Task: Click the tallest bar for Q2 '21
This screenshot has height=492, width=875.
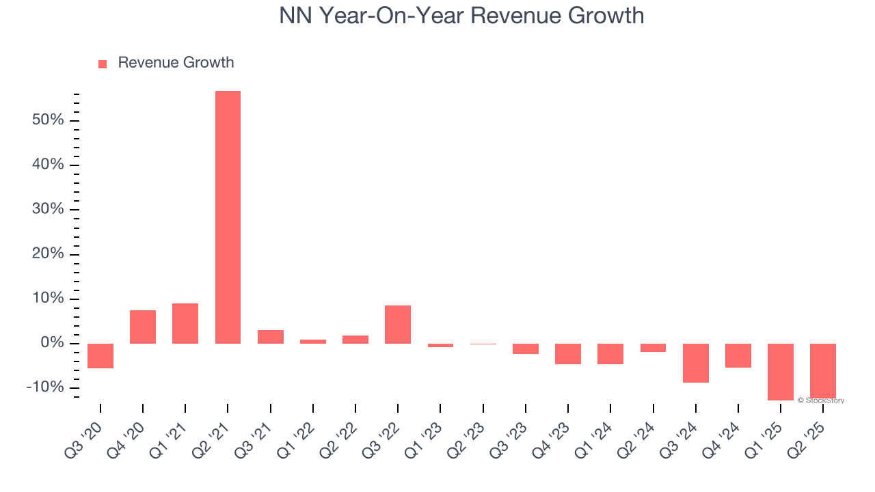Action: pyautogui.click(x=228, y=217)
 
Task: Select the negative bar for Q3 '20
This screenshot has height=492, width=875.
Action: pyautogui.click(x=100, y=356)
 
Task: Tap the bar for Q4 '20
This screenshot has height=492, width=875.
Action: pyautogui.click(x=143, y=327)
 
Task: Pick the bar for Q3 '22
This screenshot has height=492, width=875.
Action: pyautogui.click(x=398, y=325)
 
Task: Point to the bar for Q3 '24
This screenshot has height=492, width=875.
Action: pyautogui.click(x=695, y=363)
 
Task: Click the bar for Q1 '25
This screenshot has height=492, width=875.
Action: pyautogui.click(x=780, y=372)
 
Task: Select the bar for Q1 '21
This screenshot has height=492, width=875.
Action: pyautogui.click(x=185, y=323)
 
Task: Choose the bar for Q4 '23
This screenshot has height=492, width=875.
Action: pyautogui.click(x=567, y=354)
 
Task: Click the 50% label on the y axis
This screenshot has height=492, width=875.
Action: pyautogui.click(x=48, y=121)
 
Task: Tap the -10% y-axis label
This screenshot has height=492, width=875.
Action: pyautogui.click(x=45, y=387)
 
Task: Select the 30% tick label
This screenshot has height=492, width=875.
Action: pyautogui.click(x=48, y=210)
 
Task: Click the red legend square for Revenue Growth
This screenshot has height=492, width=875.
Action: pyautogui.click(x=103, y=64)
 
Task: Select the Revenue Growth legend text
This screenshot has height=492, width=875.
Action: pyautogui.click(x=176, y=63)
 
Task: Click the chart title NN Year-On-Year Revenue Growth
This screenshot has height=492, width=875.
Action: pyautogui.click(x=461, y=15)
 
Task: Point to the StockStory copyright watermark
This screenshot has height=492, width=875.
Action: pyautogui.click(x=820, y=400)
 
